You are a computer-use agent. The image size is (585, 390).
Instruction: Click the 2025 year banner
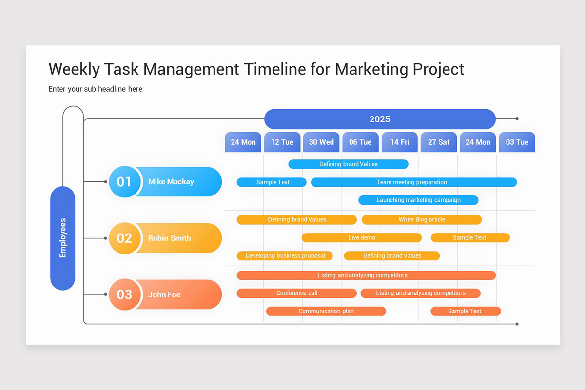380,119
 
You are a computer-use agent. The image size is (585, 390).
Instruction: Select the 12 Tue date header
282,142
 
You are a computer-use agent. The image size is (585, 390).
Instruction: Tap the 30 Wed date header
321,142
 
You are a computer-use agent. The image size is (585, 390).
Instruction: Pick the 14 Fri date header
399,142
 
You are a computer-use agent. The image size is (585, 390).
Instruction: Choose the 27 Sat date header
439,142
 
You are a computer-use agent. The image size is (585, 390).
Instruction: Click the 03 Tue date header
517,142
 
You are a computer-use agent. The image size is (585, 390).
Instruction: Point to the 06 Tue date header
360,142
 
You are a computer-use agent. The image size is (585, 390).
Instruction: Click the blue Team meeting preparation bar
413,182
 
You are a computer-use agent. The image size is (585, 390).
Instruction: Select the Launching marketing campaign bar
418,200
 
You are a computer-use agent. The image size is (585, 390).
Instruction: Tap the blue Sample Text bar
272,182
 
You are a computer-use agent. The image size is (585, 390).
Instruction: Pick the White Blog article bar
422,219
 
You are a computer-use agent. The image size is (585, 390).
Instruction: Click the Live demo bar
362,237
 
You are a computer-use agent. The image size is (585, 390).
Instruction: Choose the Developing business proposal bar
285,255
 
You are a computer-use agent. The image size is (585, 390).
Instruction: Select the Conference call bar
296,293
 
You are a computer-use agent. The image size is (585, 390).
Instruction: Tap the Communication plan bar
326,311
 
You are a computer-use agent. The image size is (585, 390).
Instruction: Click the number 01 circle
124,182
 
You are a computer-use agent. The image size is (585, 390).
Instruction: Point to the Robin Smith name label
170,238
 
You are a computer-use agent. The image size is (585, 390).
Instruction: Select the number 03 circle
124,294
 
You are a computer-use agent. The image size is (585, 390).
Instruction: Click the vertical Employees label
63,238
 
